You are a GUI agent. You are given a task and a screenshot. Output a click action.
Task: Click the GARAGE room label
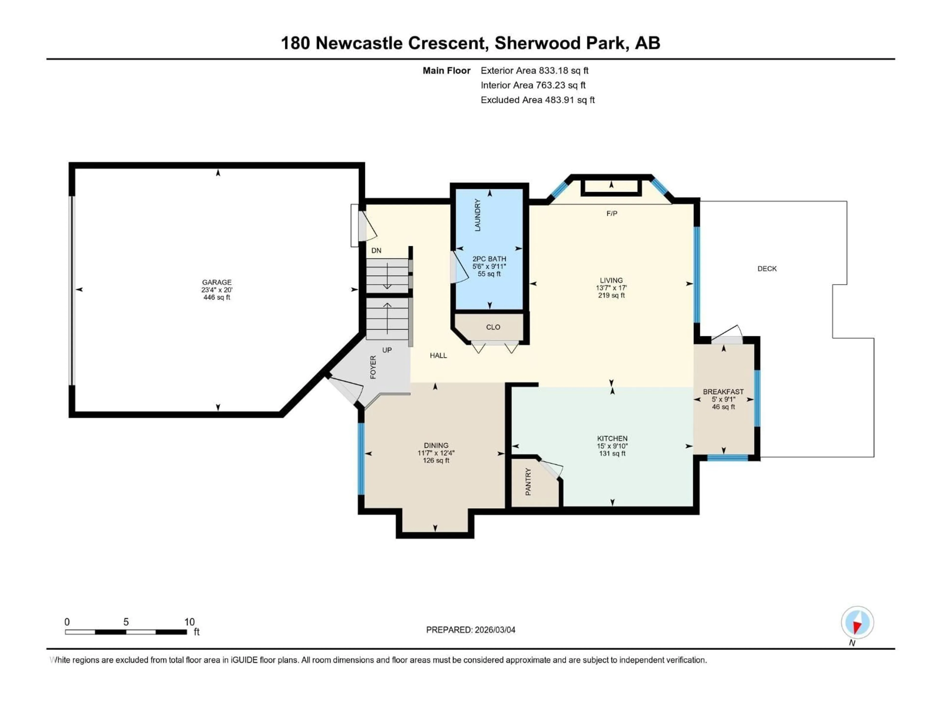tap(217, 282)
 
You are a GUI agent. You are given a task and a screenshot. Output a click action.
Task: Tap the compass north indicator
tap(857, 623)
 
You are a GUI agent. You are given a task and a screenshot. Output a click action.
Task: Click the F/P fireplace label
tap(612, 213)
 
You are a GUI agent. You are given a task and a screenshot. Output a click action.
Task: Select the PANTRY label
tap(528, 482)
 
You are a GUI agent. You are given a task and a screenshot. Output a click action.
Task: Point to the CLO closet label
tap(493, 327)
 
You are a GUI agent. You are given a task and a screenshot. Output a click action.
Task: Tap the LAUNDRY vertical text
tap(477, 215)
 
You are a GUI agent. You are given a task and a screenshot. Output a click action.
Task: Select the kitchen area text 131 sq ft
tap(612, 454)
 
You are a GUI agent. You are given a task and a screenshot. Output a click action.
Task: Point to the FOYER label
tap(373, 367)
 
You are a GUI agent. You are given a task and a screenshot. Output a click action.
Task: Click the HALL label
tap(438, 355)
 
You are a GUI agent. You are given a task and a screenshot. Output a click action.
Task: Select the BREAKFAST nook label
tap(723, 391)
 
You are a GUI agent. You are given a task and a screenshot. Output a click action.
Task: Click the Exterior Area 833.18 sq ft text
tap(535, 71)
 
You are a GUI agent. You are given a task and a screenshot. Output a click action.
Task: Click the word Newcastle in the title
tap(359, 43)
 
